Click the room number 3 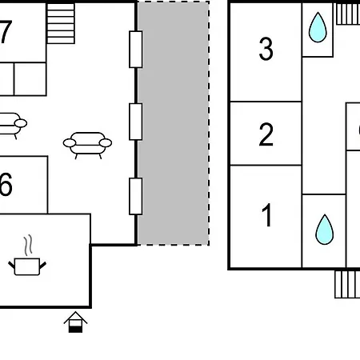266,49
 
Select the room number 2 266,134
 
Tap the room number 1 267,215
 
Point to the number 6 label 6,184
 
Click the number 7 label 6,32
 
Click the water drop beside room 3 318,27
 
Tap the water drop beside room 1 324,230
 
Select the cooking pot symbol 27,266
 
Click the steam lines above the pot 28,245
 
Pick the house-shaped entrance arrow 75,322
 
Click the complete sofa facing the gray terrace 87,146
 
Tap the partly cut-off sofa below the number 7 14,126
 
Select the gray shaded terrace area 173,123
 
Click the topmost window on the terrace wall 136,50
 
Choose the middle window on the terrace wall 136,122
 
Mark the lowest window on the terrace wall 136,196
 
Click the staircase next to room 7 61,23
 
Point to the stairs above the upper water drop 348,14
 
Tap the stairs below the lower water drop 347,284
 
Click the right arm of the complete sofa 106,142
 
